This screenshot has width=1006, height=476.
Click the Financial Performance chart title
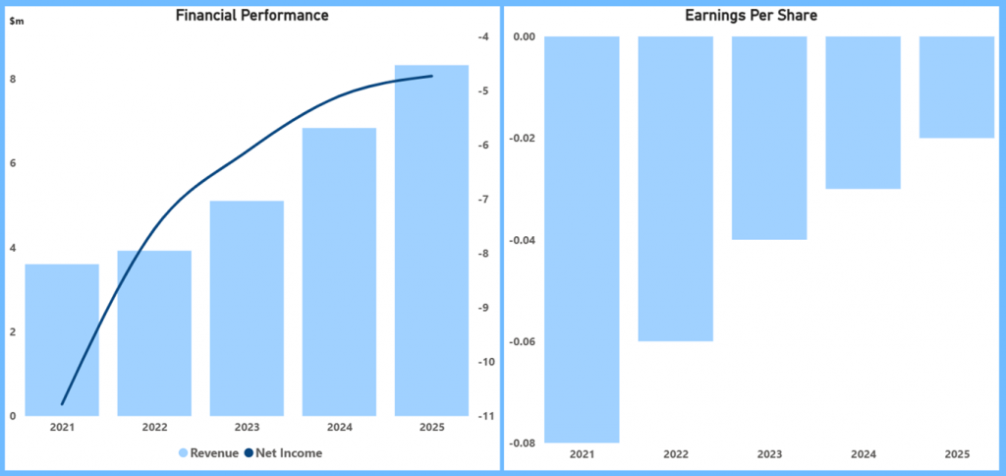click(x=251, y=16)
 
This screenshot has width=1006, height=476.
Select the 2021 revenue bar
click(x=62, y=339)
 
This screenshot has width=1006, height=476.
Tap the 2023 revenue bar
click(x=247, y=308)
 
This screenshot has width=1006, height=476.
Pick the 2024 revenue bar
click(x=339, y=271)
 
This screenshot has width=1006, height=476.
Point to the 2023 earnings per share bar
click(x=768, y=138)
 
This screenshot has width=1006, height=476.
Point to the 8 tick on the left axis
click(x=12, y=80)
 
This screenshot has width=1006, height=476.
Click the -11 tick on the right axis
click(x=482, y=416)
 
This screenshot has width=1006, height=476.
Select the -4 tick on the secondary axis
click(x=482, y=37)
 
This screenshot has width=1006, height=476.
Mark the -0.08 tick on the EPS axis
click(x=522, y=444)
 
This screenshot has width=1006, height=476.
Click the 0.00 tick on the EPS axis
click(x=524, y=37)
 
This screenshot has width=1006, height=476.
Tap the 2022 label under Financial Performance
click(x=154, y=428)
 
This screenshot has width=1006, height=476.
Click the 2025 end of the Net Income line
click(x=431, y=76)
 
